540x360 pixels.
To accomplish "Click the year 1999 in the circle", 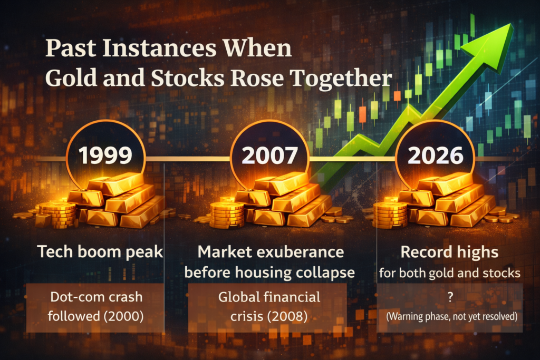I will [x=105, y=157].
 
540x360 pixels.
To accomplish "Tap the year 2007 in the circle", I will [x=270, y=157].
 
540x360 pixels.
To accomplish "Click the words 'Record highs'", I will [x=449, y=252].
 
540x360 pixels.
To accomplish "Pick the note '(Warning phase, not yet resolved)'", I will [x=449, y=318].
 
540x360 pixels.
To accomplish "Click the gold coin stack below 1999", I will [x=57, y=214].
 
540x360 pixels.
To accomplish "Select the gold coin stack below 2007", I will [x=226, y=214].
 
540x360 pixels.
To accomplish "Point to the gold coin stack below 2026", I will [x=390, y=214].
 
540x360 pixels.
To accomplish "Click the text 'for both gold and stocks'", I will [x=449, y=273].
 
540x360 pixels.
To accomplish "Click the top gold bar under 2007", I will [x=279, y=182].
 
